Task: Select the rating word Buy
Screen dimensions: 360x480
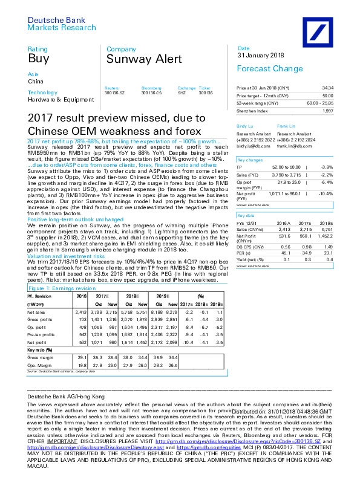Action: (x=37, y=59)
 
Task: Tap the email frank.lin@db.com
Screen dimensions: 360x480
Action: (x=293, y=146)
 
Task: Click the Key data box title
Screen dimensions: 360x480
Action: (x=246, y=215)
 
